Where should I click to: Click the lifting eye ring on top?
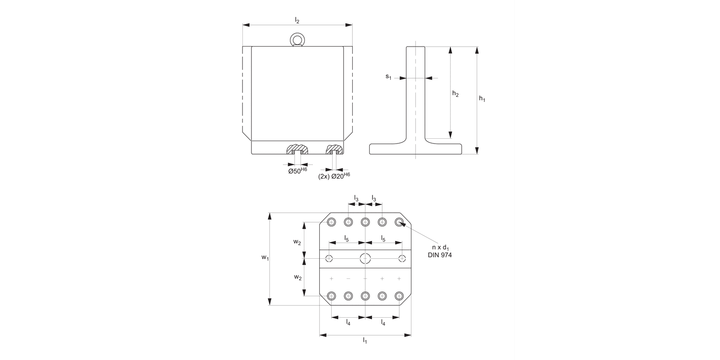(297, 39)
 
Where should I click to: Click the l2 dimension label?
(297, 20)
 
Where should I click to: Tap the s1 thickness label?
(388, 77)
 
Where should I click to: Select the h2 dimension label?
(456, 95)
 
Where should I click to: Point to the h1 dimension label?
(482, 99)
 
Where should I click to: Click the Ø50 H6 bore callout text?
(297, 170)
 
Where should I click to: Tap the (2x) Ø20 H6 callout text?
(334, 176)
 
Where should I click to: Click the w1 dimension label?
(264, 258)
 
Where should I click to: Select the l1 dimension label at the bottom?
(365, 341)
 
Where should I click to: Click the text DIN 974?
(440, 255)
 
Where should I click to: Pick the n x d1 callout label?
(440, 247)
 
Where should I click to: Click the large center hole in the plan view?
(365, 259)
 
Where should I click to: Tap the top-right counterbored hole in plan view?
(399, 222)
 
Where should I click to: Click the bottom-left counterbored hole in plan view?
(331, 296)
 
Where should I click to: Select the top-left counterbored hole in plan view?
(331, 222)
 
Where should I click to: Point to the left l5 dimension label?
(347, 238)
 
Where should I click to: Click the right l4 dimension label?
(383, 323)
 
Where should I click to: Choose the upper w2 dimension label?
(298, 242)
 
